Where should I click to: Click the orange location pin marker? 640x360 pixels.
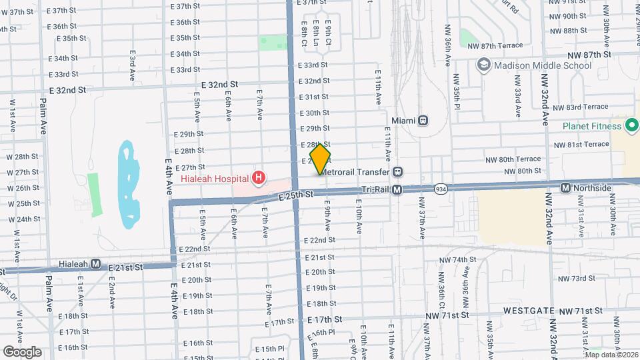coord(321,159)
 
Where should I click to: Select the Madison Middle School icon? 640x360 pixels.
coord(483,65)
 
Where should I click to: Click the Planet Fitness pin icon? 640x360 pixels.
coord(632,125)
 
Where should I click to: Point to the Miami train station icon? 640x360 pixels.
coord(423,121)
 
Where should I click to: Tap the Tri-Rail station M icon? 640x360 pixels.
coord(397,190)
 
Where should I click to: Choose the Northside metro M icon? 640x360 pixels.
coord(565,188)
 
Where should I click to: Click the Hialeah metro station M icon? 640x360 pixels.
coord(96,263)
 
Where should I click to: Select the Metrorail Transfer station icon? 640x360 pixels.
coord(397,171)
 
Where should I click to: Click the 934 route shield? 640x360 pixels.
coord(441,189)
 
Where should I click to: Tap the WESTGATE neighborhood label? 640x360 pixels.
coord(529,311)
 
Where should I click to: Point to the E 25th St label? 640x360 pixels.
coord(296,195)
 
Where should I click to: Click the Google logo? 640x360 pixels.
coord(22,351)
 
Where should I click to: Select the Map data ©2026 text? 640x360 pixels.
coord(611,354)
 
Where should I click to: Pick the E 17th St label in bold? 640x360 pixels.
coord(325,319)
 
